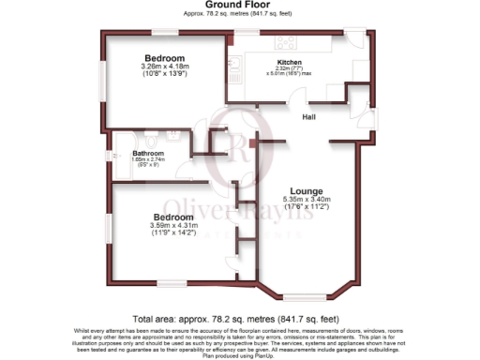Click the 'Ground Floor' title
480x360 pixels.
239,7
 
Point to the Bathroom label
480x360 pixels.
148,153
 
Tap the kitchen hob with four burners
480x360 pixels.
285,41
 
